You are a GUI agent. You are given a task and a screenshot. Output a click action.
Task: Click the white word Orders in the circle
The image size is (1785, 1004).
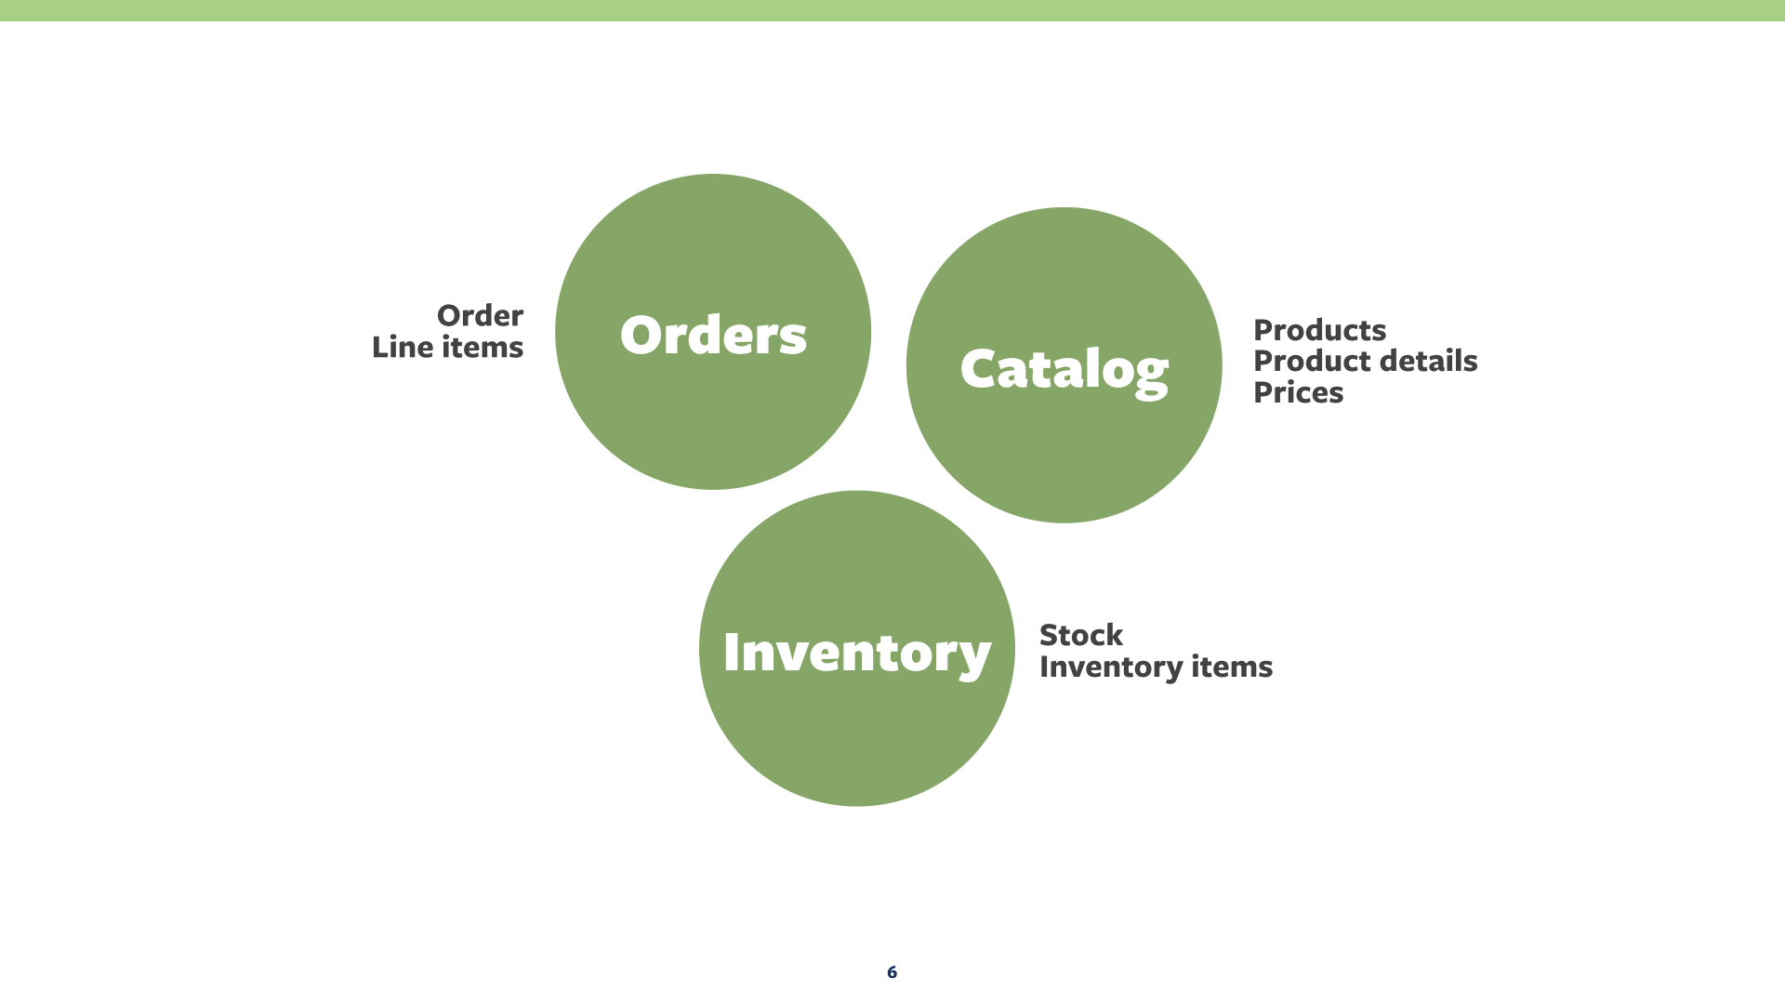[713, 335]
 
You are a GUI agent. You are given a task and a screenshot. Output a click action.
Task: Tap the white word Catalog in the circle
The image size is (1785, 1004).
[1064, 369]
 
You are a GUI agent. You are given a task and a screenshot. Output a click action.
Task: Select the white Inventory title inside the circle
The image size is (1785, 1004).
[856, 652]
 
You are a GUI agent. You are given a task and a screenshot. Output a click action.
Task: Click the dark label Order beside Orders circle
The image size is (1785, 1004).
[480, 316]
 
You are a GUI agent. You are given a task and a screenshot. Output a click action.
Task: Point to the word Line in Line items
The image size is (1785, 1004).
[403, 348]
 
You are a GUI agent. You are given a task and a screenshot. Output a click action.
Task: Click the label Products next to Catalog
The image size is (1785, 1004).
[1319, 330]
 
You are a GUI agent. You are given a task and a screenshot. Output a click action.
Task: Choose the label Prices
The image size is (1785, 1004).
[1298, 392]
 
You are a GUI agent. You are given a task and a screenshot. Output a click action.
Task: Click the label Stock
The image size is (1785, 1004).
[1080, 635]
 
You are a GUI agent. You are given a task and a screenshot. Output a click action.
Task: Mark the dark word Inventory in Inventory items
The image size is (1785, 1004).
[1110, 667]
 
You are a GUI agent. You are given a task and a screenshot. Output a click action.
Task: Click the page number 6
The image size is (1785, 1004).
[892, 971]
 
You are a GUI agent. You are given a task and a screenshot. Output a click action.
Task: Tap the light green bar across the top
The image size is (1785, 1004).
[892, 10]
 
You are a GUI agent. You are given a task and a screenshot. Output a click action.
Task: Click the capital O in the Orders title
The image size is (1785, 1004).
[641, 335]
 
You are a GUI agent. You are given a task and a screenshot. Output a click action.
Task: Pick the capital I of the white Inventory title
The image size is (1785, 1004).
[732, 651]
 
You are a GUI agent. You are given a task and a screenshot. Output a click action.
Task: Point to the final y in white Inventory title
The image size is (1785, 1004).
[973, 657]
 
